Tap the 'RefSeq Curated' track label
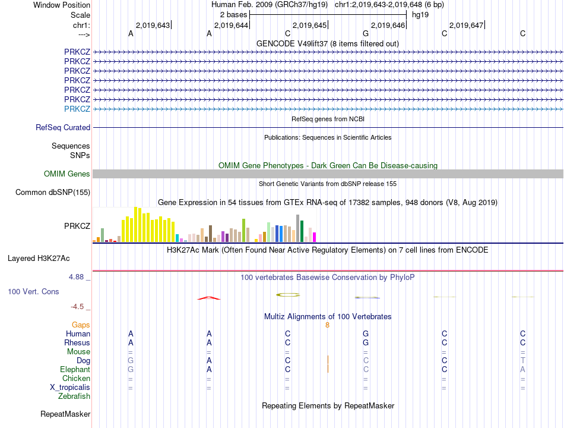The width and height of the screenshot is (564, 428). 63,127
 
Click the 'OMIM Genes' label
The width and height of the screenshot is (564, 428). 67,174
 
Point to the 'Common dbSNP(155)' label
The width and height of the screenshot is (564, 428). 53,192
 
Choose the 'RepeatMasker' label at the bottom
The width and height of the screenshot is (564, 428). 65,414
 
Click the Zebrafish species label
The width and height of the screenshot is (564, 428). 74,396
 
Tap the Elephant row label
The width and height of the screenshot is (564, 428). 75,369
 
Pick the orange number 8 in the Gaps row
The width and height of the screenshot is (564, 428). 327,325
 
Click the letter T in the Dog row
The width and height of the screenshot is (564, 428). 522,360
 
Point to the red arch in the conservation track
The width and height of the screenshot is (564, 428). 209,298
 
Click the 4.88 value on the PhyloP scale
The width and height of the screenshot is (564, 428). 78,277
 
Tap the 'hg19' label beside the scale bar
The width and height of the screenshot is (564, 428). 420,14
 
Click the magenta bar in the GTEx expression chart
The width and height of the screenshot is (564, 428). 314,237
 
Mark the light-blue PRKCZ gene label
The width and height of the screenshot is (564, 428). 77,109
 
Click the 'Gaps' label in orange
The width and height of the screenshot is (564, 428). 81,325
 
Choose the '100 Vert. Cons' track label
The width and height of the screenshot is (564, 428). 33,292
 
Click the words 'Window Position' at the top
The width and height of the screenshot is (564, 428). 62,5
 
